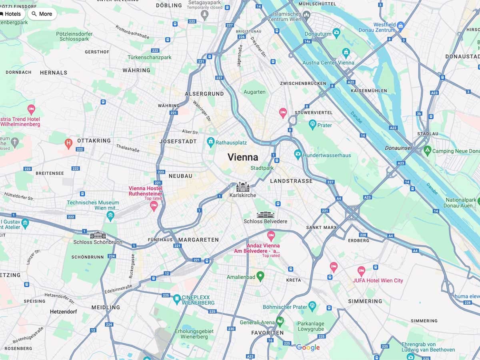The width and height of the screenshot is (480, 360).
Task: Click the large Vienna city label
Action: click(x=243, y=157)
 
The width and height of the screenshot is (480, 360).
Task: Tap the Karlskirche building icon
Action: click(x=243, y=187)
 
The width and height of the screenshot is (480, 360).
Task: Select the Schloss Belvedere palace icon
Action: click(x=265, y=215)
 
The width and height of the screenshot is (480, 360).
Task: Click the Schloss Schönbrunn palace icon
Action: click(x=98, y=235)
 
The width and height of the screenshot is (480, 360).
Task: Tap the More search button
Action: click(x=42, y=14)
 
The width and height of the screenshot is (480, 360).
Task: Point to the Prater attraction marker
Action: click(x=312, y=125)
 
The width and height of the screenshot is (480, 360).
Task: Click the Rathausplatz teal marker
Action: click(x=210, y=142)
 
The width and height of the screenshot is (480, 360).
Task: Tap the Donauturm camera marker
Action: click(x=336, y=32)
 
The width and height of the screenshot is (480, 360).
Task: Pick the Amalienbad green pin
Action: click(x=260, y=276)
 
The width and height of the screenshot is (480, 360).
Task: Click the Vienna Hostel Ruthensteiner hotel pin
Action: click(x=154, y=206)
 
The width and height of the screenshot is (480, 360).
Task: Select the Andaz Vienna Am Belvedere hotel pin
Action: click(x=271, y=235)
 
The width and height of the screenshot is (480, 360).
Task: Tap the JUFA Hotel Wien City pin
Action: click(x=361, y=271)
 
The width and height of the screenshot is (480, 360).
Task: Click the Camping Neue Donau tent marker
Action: click(x=427, y=151)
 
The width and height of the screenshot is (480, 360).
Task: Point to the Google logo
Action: click(x=308, y=348)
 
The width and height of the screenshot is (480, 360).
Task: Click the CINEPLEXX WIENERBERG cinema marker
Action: click(x=177, y=298)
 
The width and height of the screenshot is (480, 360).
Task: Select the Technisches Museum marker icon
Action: click(x=110, y=216)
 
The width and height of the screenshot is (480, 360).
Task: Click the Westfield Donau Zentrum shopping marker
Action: click(x=400, y=27)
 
